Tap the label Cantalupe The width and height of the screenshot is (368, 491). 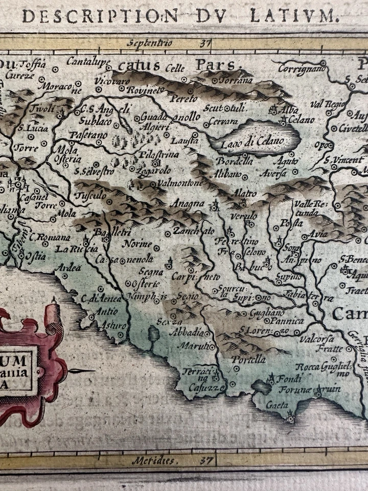[x=88, y=62]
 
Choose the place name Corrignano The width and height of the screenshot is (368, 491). [x=302, y=68]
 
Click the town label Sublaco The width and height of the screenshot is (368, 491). [x=95, y=121]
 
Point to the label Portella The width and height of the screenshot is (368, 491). [x=248, y=360]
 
